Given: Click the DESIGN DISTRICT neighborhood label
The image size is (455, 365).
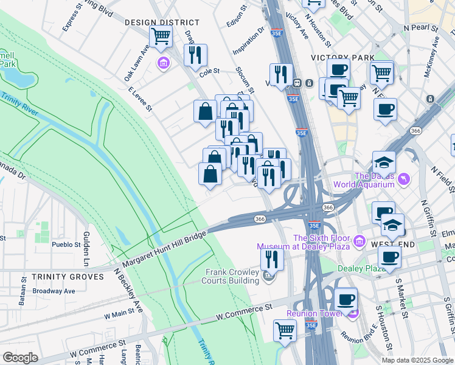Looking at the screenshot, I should [153, 23].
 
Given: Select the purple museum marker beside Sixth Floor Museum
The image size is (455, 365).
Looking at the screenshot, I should [359, 242].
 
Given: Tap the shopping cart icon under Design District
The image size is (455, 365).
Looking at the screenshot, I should [161, 36].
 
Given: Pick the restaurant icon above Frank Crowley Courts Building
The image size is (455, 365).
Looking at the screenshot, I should [272, 259].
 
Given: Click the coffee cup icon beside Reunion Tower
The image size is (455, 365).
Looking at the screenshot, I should [346, 299].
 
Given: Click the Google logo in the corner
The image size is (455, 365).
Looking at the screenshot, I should [20, 357].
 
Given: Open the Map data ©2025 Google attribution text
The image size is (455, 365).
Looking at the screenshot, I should [416, 360].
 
